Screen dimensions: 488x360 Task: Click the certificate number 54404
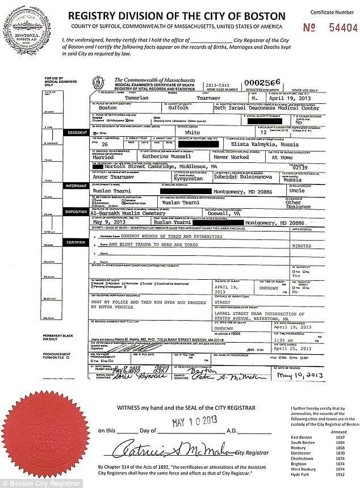click(340, 27)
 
